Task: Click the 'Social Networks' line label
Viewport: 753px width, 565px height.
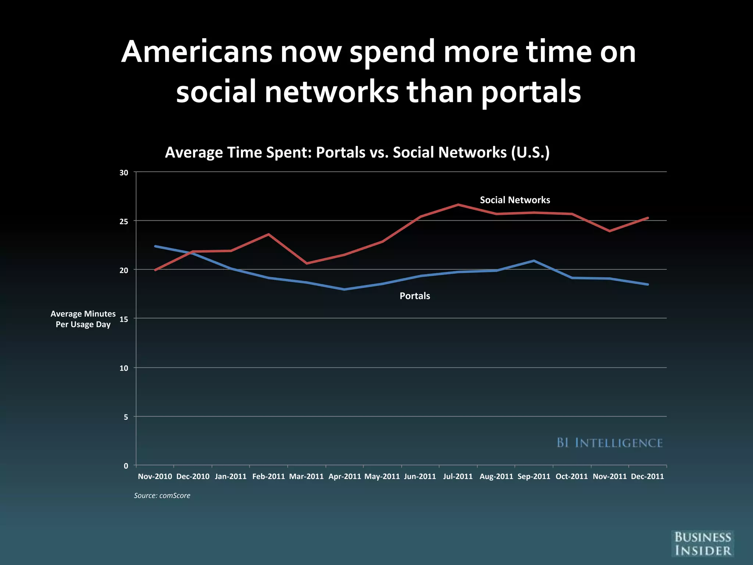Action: [x=515, y=200]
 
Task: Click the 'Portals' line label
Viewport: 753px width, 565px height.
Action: [x=415, y=296]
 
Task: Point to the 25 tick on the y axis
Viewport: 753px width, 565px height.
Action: [x=124, y=221]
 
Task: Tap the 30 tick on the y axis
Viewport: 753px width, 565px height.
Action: [x=124, y=173]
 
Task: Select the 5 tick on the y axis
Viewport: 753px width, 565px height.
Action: [x=126, y=417]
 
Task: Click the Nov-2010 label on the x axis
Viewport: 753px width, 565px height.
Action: [x=155, y=477]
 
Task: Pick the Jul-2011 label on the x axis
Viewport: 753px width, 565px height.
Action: [x=458, y=477]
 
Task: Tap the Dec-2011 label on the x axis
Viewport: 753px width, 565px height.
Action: [x=647, y=477]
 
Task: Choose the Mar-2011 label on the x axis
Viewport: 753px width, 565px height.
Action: [x=306, y=477]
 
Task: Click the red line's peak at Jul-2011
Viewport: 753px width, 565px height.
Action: [x=458, y=205]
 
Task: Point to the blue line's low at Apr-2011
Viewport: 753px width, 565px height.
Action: [x=344, y=289]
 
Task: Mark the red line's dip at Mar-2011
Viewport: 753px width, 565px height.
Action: [x=307, y=263]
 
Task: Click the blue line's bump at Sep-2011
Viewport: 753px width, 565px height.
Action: [x=533, y=261]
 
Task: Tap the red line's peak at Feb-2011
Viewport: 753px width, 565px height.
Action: [x=269, y=234]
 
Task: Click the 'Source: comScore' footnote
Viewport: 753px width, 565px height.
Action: [x=162, y=496]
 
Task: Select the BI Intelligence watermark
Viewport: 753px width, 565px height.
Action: [x=610, y=443]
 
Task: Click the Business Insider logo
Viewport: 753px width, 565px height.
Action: [x=703, y=544]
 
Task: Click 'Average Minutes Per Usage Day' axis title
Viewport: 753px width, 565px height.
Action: [x=83, y=319]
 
